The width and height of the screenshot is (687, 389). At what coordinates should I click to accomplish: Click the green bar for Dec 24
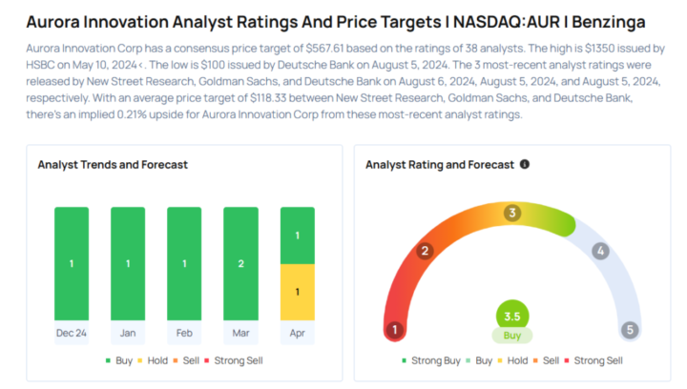tap(72, 264)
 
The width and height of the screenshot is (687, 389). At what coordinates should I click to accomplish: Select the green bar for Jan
tap(128, 264)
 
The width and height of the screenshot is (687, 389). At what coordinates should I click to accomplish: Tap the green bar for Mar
tap(240, 264)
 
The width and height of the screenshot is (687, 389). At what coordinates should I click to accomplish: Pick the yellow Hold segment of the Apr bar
tap(297, 292)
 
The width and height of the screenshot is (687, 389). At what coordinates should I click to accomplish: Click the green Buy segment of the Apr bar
tap(297, 235)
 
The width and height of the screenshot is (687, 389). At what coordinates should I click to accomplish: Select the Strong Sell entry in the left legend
tap(234, 360)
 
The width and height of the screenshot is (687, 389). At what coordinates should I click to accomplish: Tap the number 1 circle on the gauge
tap(393, 330)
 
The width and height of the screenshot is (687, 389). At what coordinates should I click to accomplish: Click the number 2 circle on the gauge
tap(426, 252)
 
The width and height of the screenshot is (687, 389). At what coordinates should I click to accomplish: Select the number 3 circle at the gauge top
tap(512, 213)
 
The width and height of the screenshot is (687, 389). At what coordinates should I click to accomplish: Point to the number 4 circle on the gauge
tap(600, 252)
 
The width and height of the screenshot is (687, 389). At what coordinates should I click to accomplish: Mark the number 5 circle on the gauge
tap(630, 330)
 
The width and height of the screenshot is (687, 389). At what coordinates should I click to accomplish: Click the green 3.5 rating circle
tap(512, 316)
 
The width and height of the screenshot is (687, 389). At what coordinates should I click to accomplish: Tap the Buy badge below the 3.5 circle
tap(512, 336)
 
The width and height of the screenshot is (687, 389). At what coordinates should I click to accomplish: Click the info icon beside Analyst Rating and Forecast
tap(525, 164)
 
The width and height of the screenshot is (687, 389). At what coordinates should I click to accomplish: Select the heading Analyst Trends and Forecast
tap(113, 164)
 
